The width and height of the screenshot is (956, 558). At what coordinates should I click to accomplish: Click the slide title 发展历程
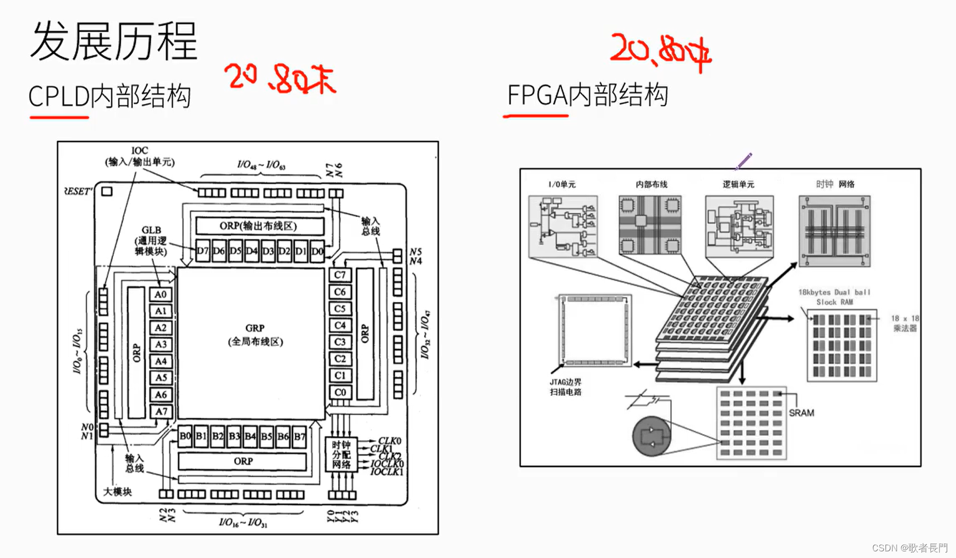pos(114,42)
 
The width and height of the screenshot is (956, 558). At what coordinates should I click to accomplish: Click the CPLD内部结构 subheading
pos(109,97)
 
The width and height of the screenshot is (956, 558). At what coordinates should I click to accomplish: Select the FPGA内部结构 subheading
pos(587,95)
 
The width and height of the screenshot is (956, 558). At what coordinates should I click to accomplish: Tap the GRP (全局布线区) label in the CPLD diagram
pos(255,335)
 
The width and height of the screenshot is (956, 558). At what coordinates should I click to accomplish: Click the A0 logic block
pos(160,295)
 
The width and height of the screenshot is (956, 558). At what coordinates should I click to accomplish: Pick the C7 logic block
pos(340,275)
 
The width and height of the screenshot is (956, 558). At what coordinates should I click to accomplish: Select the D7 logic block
pos(203,251)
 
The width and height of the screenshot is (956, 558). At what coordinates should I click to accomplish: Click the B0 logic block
pos(185,437)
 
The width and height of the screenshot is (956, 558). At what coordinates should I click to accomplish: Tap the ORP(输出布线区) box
pos(259,226)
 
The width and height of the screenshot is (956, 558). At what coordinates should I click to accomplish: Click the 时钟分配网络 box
pos(341,454)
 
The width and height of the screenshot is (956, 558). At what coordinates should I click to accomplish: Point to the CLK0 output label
pos(389,442)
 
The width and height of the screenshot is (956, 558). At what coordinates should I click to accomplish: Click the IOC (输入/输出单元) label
pos(140,156)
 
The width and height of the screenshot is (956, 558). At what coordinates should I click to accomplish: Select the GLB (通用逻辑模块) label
pos(151,241)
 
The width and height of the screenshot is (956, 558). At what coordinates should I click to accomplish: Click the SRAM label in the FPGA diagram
pos(801,413)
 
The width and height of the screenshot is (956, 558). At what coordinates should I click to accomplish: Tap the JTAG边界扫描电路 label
pos(566,387)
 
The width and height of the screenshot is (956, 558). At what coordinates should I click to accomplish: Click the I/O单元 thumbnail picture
pos(563,226)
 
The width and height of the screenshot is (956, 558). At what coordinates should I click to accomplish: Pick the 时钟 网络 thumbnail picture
pos(834,231)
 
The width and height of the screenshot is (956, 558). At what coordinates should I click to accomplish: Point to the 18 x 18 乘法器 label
pos(904,323)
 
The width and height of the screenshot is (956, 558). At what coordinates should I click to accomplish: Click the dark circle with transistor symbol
pos(652,436)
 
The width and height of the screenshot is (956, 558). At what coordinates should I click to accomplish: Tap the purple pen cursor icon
pos(743,161)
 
